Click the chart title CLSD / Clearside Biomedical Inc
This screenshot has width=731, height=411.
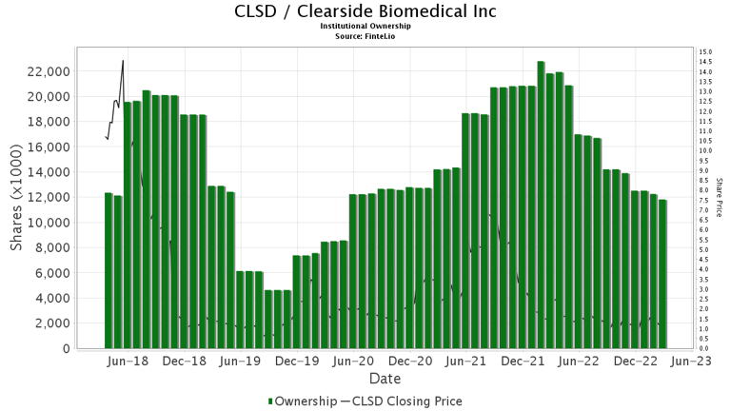pyautogui.click(x=365, y=11)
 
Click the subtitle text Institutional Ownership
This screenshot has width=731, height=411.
pyautogui.click(x=365, y=26)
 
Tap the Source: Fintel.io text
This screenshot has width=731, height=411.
pyautogui.click(x=365, y=35)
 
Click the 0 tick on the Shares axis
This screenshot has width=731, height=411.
pyautogui.click(x=67, y=348)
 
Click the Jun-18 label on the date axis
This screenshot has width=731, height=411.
pyautogui.click(x=128, y=362)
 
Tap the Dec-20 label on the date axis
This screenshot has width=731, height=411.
pyautogui.click(x=410, y=362)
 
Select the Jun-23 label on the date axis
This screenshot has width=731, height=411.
pyautogui.click(x=693, y=362)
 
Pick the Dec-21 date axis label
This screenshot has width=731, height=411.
pyautogui.click(x=523, y=362)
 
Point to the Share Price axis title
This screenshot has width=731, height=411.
pyautogui.click(x=719, y=199)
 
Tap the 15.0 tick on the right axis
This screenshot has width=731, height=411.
pyautogui.click(x=705, y=52)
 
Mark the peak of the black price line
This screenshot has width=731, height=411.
pyautogui.click(x=123, y=60)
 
